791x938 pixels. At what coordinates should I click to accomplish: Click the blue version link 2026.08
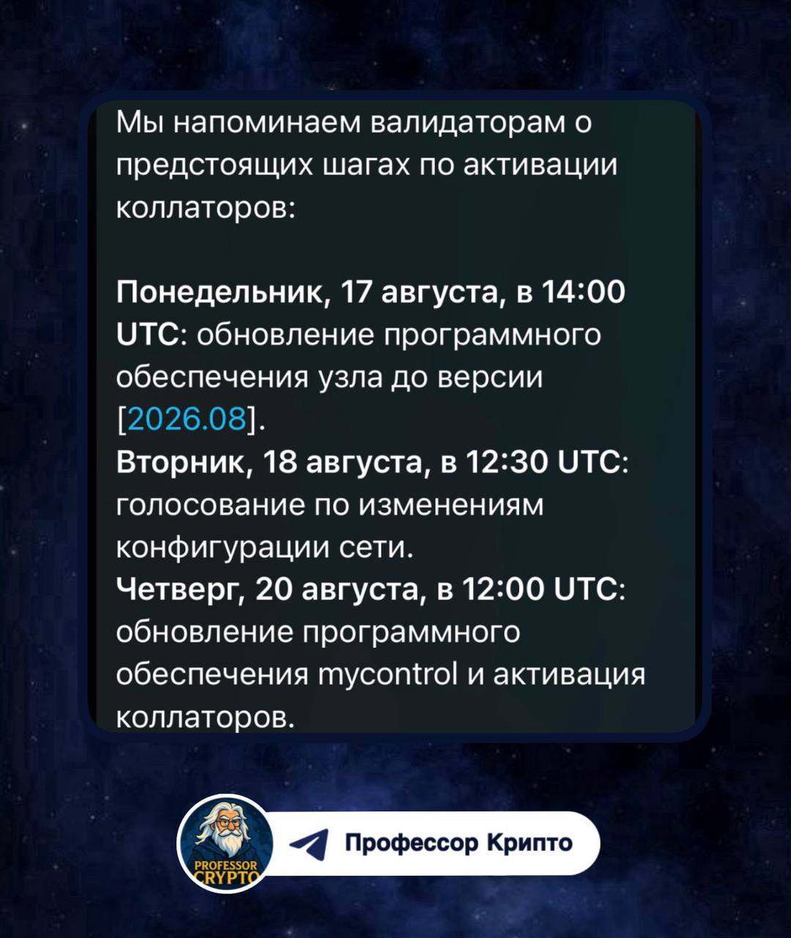point(187,420)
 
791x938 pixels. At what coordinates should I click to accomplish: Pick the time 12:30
point(506,462)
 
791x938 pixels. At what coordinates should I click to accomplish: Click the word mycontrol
point(388,675)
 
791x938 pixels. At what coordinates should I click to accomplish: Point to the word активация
point(569,674)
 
